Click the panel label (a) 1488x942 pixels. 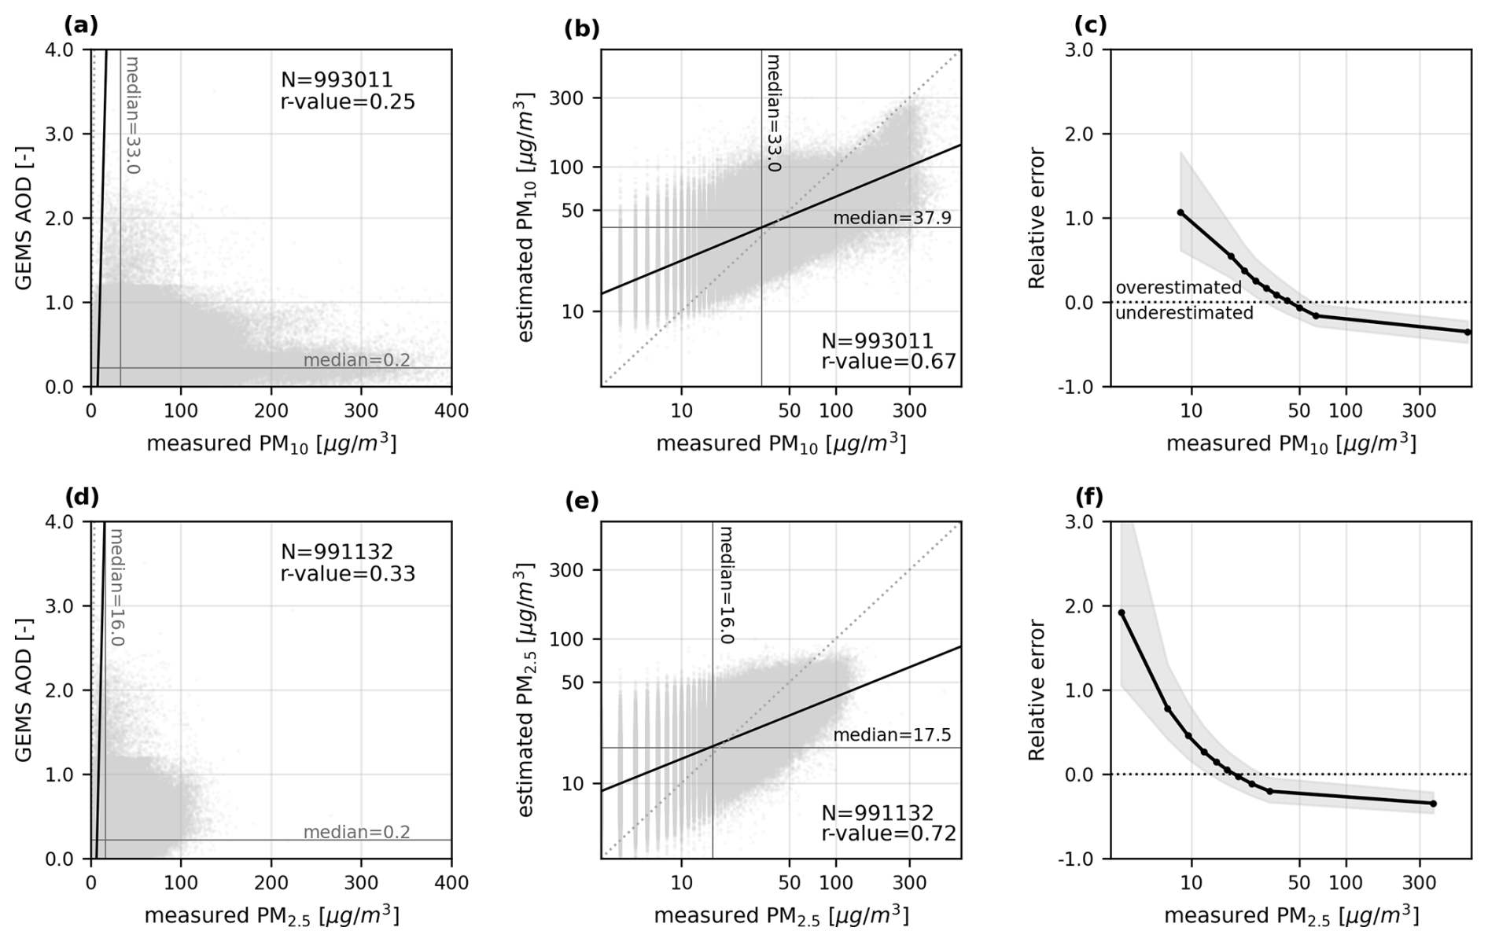(81, 25)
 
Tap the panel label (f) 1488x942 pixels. (1089, 497)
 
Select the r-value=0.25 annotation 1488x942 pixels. (348, 101)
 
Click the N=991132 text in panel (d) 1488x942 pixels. (337, 552)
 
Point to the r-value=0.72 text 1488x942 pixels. (889, 833)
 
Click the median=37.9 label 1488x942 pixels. (892, 217)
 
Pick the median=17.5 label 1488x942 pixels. (892, 735)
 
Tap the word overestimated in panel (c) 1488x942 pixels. (1178, 288)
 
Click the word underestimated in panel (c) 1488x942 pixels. (1184, 313)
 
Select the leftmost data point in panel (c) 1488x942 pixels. (1180, 212)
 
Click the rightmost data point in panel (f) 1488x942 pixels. (1433, 804)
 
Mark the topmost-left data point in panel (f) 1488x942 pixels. (1122, 613)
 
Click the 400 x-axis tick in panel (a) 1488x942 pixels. (451, 410)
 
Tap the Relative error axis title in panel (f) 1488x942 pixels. (1037, 690)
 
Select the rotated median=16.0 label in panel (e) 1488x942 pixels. (727, 585)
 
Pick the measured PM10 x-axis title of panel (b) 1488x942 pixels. (781, 444)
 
